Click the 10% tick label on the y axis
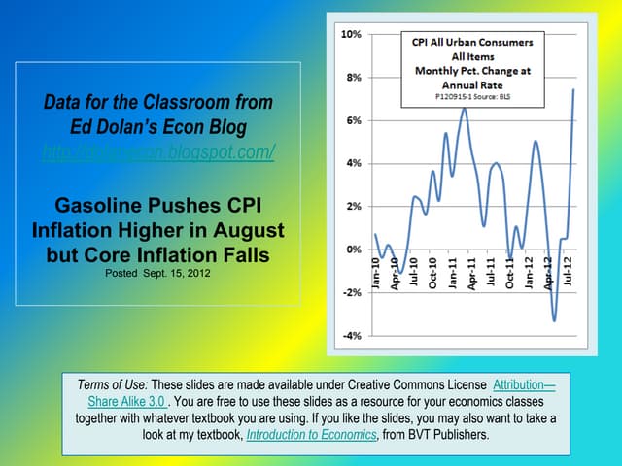[351, 34]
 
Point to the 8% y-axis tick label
[353, 77]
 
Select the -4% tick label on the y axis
[351, 335]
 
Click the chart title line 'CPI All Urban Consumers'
[467, 43]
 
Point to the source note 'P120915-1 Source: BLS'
[467, 97]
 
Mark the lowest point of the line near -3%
[555, 320]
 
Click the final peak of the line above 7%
[573, 90]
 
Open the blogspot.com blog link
[159, 152]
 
